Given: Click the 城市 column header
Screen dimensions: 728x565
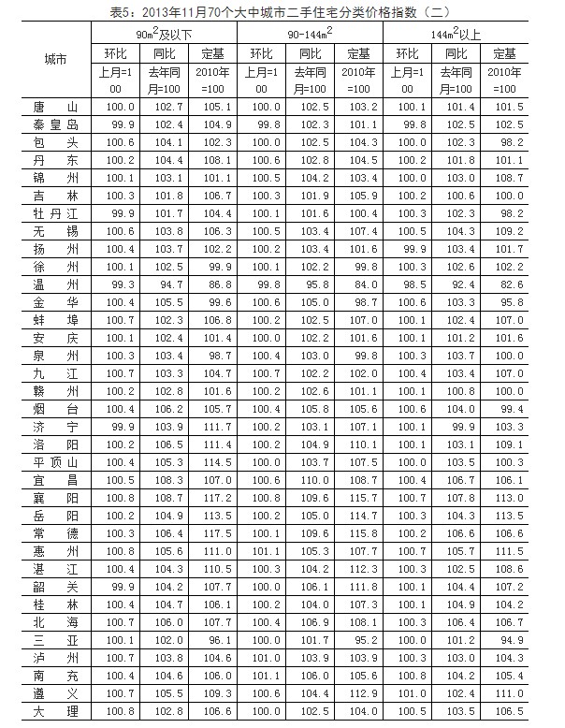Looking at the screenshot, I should pyautogui.click(x=55, y=59).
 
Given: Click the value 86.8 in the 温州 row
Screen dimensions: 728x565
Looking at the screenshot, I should pyautogui.click(x=212, y=286).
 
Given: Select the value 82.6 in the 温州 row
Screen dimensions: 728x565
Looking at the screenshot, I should pyautogui.click(x=505, y=286).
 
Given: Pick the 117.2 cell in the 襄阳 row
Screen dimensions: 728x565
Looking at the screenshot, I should pyautogui.click(x=212, y=499).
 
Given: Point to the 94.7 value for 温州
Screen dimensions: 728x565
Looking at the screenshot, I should pyautogui.click(x=165, y=286).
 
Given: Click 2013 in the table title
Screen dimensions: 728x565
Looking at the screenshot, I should pyautogui.click(x=157, y=10).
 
